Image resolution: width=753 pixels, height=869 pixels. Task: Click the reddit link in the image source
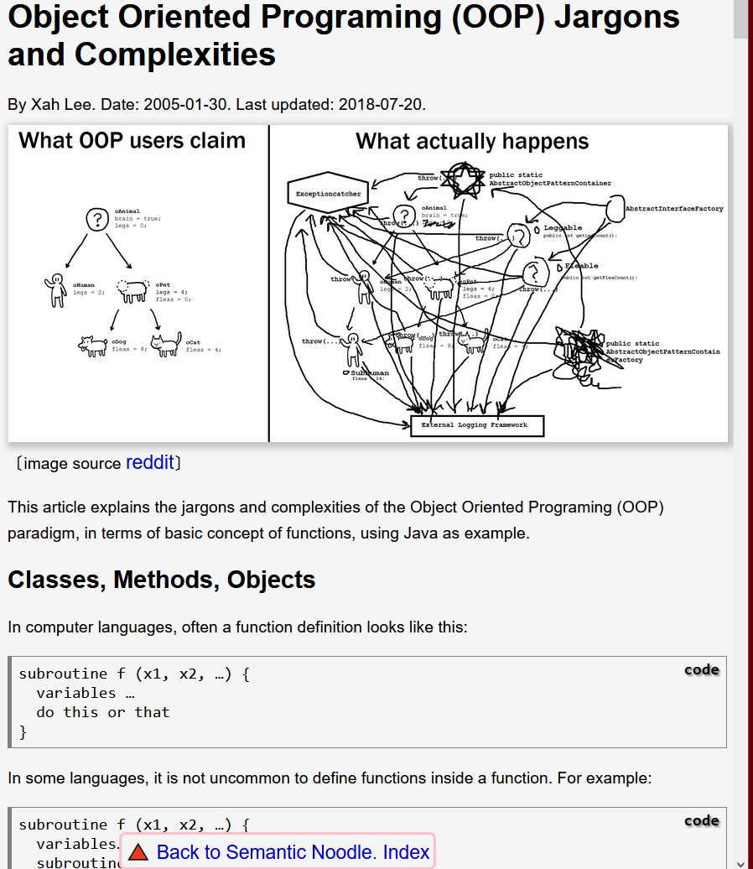(149, 462)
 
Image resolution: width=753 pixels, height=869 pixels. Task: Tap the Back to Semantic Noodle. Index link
(293, 852)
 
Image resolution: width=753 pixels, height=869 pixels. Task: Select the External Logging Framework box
(477, 425)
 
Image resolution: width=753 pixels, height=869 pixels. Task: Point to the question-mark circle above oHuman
(95, 220)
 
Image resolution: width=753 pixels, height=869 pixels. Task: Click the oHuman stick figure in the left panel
(56, 289)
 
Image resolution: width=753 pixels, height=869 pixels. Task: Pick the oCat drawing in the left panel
(169, 344)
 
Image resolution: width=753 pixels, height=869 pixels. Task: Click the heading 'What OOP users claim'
(132, 140)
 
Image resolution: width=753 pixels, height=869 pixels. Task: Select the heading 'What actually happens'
(472, 142)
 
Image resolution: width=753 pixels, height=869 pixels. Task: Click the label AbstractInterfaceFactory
(673, 209)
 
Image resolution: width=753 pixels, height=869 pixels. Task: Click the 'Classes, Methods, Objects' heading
(162, 580)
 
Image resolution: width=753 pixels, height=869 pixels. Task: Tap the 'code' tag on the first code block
(701, 669)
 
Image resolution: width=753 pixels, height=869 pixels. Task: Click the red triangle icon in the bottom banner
(138, 852)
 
